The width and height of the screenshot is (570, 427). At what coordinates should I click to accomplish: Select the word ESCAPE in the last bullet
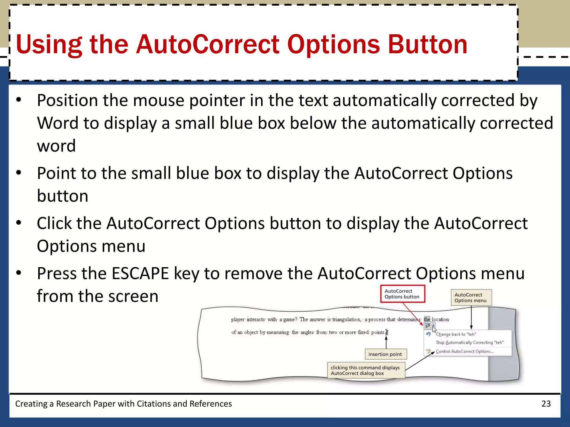tap(140, 273)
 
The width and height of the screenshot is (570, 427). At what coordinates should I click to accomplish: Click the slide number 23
tap(546, 404)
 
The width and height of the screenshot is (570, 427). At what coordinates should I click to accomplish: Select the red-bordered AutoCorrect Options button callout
tap(402, 294)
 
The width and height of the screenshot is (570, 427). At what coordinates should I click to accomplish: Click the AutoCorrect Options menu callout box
tap(471, 297)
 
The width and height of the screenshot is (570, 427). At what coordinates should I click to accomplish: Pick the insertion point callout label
tap(385, 354)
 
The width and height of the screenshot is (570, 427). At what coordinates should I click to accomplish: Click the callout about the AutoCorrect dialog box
tap(365, 370)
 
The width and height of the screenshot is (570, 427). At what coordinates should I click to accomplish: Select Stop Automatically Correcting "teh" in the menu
tap(470, 342)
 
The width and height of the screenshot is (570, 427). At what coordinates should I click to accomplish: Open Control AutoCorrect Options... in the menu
tap(465, 351)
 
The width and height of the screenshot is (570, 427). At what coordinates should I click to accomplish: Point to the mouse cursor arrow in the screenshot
tap(434, 329)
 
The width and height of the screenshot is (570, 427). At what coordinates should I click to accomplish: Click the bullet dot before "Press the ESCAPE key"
tap(19, 273)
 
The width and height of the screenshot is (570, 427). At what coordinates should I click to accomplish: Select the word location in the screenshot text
tap(440, 320)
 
